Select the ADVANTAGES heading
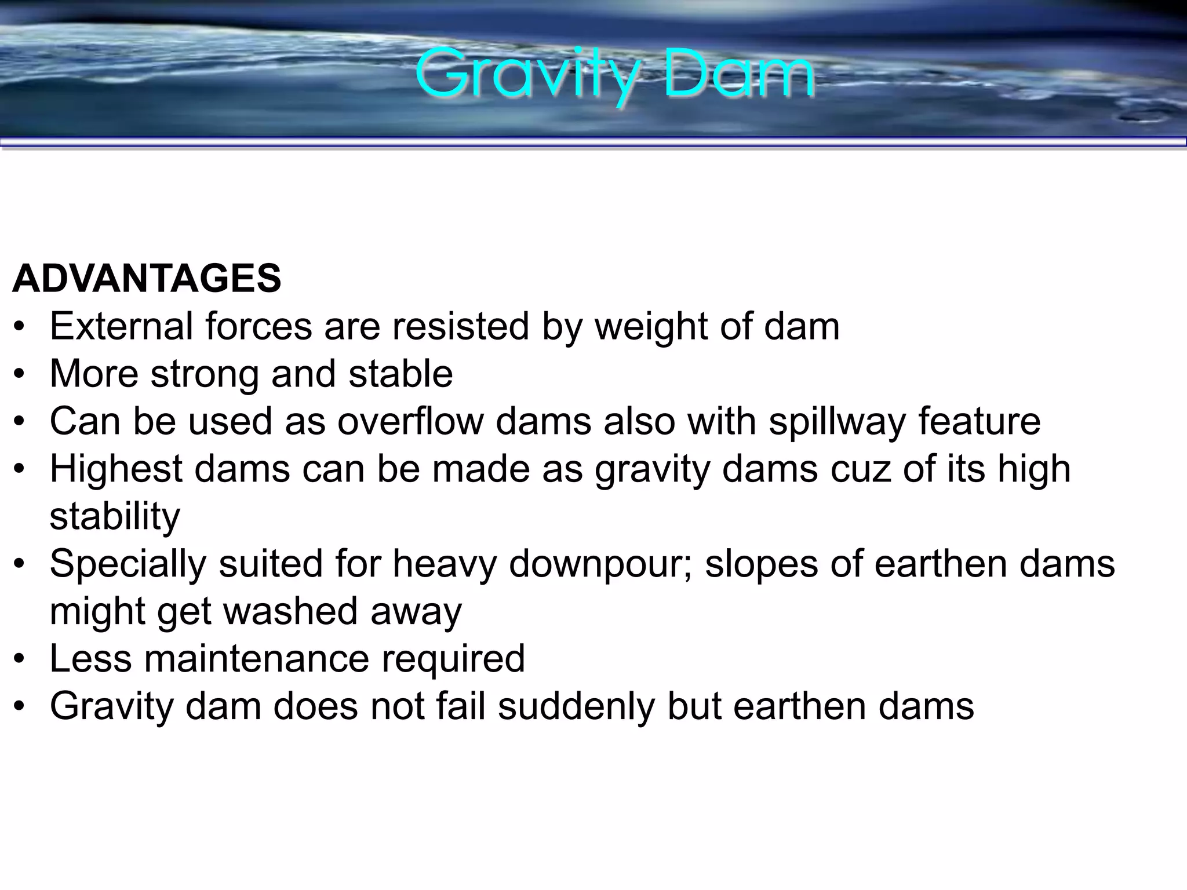(147, 279)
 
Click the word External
(121, 326)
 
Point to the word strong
(204, 375)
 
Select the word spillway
(837, 422)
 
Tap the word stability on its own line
(115, 517)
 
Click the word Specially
(128, 564)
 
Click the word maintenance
(256, 659)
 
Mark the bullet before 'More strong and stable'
(20, 375)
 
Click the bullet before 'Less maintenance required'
(20, 659)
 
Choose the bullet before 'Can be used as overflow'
(20, 422)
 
